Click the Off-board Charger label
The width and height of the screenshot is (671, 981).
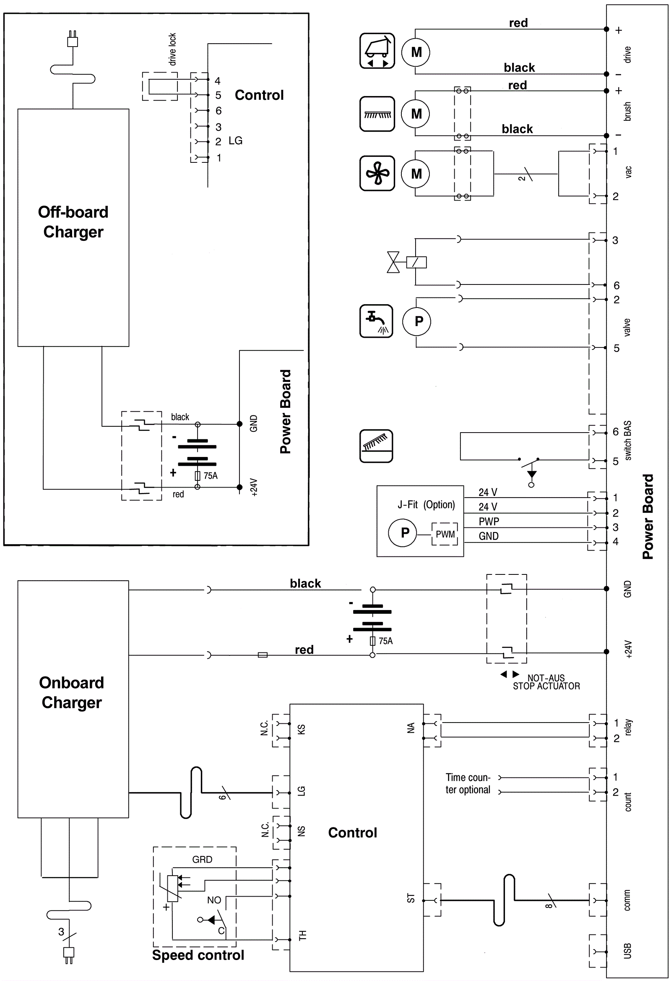coord(73,222)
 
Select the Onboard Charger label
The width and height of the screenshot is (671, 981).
coord(72,692)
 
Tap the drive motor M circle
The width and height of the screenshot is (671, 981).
coord(416,52)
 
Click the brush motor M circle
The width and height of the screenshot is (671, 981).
coord(416,114)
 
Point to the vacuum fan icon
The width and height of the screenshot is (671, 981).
coord(377,173)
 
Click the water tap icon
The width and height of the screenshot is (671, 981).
coord(376,321)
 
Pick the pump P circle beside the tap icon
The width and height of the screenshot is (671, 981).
coord(417,321)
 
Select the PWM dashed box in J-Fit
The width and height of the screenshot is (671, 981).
coord(445,534)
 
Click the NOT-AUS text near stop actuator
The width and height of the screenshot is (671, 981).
coord(546,678)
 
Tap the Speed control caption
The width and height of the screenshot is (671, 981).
coord(198,955)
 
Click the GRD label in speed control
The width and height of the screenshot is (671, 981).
coord(202,859)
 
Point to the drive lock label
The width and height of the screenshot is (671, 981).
coord(172,50)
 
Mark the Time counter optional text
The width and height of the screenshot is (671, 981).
coord(468,783)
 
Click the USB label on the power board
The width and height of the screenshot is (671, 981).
coord(627,951)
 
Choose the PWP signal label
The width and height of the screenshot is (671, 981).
coord(489,521)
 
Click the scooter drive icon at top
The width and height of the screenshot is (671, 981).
coord(377,51)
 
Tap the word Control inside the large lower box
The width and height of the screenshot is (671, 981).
coord(352,832)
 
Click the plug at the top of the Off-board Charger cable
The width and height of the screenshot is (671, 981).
coord(73,39)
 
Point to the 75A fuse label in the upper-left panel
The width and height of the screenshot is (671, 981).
coord(211,476)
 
